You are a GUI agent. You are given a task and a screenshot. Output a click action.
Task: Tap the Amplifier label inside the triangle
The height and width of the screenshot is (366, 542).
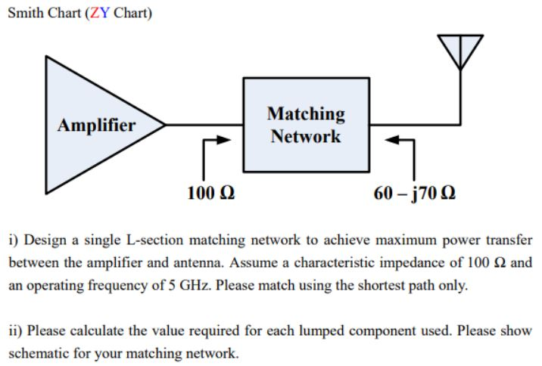tap(97, 125)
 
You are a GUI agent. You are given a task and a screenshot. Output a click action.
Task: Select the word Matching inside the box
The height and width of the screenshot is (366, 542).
tap(306, 113)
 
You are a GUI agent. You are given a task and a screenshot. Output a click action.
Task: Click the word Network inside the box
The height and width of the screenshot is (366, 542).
tap(306, 137)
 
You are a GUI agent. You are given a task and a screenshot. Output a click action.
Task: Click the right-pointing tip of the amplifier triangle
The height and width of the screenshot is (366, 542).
tap(164, 123)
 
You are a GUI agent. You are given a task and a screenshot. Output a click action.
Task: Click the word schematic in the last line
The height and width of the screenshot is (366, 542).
tap(36, 353)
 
